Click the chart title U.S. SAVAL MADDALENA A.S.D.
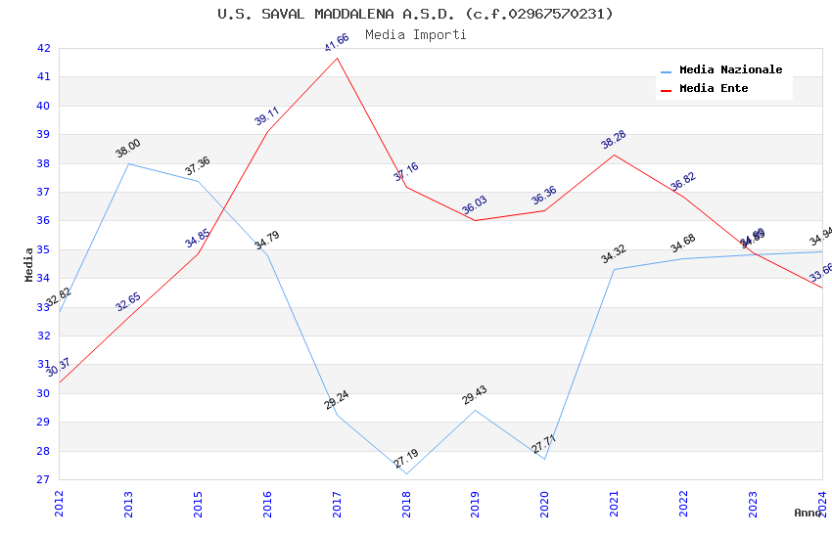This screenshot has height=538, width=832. [415, 14]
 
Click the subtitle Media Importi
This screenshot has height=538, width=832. [415, 34]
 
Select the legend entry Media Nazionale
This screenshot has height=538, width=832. [730, 70]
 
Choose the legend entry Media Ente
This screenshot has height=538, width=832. [714, 89]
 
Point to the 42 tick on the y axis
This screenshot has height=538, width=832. [43, 48]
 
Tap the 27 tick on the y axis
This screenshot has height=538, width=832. [43, 479]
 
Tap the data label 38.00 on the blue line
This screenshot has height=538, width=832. [128, 148]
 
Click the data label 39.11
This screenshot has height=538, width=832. [267, 116]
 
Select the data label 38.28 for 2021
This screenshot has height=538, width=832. [614, 140]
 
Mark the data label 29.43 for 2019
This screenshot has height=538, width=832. [475, 395]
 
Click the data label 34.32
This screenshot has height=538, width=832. [614, 254]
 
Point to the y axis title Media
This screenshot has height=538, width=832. [28, 264]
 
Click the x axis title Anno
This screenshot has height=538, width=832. [808, 513]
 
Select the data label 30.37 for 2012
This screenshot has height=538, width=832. [59, 367]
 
